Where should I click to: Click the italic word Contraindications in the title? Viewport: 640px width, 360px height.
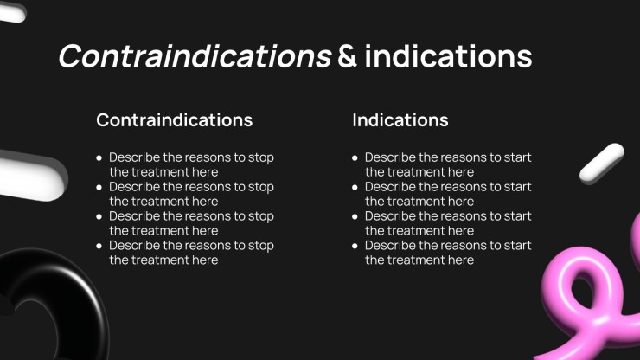coord(195,56)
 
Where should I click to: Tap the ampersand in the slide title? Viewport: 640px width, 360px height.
coord(348,56)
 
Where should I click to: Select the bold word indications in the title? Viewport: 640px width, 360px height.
coord(448,56)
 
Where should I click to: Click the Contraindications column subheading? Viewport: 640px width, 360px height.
coord(175,120)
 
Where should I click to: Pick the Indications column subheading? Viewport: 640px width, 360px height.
coord(400,120)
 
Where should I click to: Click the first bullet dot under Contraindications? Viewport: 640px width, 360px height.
coord(99,157)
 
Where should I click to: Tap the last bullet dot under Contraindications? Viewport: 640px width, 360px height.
coord(99,246)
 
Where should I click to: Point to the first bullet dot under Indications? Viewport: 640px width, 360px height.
coord(355,157)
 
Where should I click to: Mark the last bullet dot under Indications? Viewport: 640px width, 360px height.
coord(355,246)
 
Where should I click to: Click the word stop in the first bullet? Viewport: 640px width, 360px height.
coord(261,157)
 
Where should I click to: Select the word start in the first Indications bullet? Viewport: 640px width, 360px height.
coord(517,157)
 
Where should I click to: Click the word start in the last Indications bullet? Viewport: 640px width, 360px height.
coord(517,246)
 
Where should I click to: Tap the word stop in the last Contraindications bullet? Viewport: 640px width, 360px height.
coord(261,246)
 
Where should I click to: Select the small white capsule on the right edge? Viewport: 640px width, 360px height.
coord(602,163)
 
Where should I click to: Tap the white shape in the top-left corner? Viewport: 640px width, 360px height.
coord(12,12)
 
